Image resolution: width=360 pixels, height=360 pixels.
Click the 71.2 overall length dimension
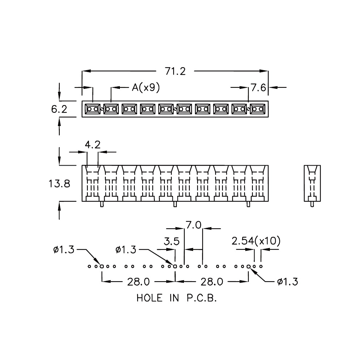175,71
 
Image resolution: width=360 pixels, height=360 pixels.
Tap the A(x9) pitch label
146,87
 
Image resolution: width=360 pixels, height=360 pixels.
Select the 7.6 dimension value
258,88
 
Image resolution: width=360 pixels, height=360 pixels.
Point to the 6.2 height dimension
59,109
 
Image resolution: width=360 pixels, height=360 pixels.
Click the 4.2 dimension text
93,145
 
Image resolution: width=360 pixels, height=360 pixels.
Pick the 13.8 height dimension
59,184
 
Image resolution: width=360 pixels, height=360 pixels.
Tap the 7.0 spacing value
194,225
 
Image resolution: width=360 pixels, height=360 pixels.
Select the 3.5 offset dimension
172,242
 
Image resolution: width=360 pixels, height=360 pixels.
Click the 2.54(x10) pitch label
256,241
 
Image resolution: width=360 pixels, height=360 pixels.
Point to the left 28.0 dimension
139,282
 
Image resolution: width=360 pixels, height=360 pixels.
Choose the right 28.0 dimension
212,282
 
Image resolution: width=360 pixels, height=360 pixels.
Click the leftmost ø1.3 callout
64,249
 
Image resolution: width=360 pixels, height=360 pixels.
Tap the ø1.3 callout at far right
287,282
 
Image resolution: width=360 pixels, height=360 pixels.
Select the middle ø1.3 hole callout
126,249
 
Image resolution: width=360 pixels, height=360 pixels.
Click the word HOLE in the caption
149,298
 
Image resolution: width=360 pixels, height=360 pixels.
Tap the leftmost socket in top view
93,109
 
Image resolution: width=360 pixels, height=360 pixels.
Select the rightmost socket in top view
258,109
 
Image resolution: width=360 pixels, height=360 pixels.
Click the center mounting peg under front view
175,204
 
